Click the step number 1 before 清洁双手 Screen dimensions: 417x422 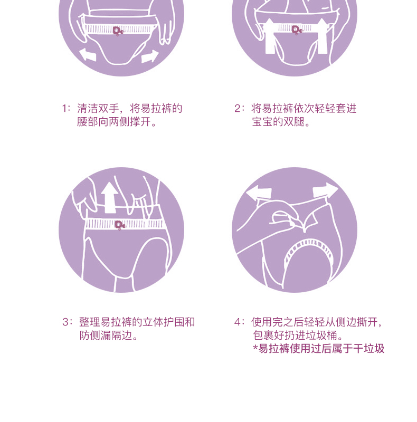[x=64, y=109]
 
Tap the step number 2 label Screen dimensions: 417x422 [x=238, y=109]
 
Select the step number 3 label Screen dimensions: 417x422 [x=65, y=322]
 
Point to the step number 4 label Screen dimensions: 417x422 [x=238, y=322]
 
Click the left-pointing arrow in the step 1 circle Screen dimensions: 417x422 [x=88, y=54]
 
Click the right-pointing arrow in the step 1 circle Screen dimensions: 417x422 [x=150, y=56]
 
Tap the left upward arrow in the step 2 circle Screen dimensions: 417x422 [x=269, y=36]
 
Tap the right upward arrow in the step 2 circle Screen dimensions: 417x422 [x=322, y=36]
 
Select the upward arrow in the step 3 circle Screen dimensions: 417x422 [x=109, y=197]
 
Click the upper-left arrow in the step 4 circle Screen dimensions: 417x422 [x=259, y=191]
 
